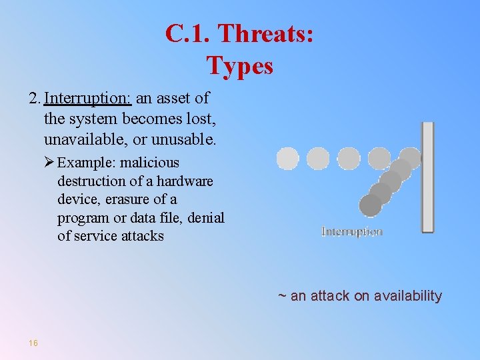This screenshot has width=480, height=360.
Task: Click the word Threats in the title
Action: point(266,33)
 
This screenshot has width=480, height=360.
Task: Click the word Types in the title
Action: point(240,65)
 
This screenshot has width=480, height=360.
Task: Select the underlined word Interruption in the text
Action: point(88,99)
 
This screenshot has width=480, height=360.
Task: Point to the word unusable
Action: point(184,140)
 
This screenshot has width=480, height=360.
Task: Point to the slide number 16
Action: point(33,343)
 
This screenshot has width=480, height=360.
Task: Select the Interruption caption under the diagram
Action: point(352,232)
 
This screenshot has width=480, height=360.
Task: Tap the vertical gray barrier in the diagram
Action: point(427,177)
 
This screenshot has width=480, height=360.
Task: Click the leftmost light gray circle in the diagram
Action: point(287,159)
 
